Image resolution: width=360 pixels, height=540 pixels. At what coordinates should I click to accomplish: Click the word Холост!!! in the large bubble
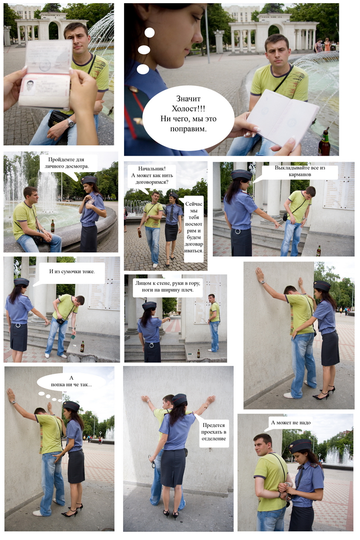(188, 109)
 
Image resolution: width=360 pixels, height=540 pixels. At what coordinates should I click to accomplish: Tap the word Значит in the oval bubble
(188, 99)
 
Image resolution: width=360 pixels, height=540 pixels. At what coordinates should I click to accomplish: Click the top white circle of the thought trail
(149, 33)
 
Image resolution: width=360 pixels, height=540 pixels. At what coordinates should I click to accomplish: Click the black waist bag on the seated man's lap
(57, 119)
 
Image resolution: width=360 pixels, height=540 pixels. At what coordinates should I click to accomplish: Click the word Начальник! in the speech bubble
(152, 169)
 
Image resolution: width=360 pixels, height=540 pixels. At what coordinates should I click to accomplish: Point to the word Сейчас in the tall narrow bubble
(194, 204)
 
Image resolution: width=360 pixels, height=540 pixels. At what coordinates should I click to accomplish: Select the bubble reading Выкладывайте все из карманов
(299, 172)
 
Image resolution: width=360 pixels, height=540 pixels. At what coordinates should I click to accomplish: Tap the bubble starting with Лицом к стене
(167, 287)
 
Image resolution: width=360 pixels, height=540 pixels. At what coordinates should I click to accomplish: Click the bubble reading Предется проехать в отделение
(213, 432)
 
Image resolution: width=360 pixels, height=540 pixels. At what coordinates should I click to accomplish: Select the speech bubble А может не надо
(290, 423)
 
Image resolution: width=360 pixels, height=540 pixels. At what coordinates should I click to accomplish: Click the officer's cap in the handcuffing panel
(300, 446)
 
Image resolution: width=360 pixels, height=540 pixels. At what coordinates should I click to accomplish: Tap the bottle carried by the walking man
(140, 233)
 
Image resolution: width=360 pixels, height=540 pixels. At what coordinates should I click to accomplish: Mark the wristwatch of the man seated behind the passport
(70, 122)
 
